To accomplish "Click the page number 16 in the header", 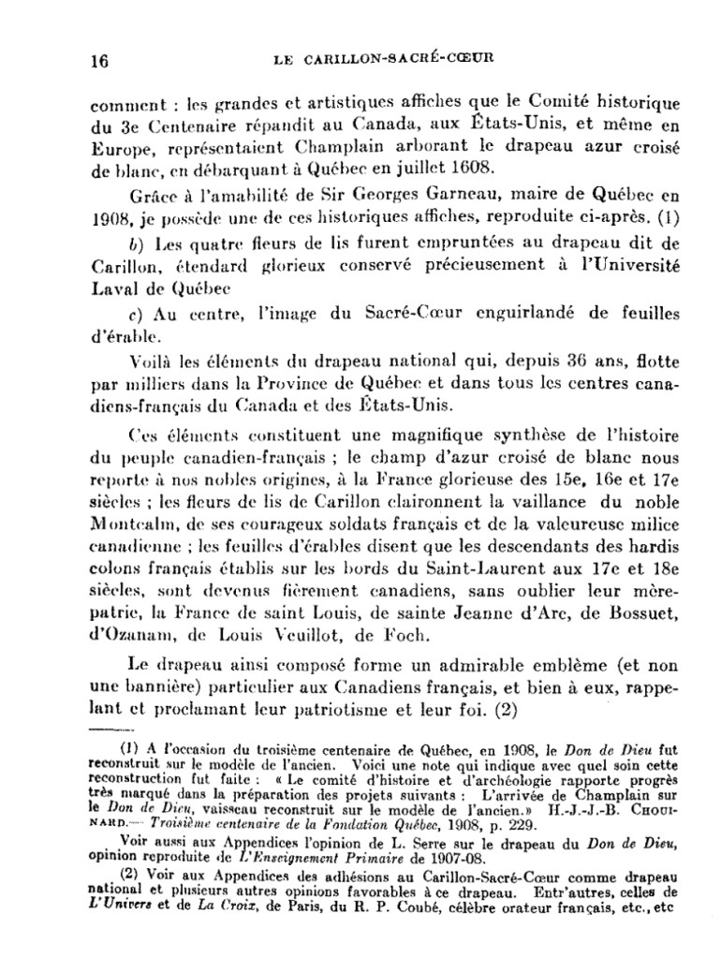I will coord(98,62).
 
